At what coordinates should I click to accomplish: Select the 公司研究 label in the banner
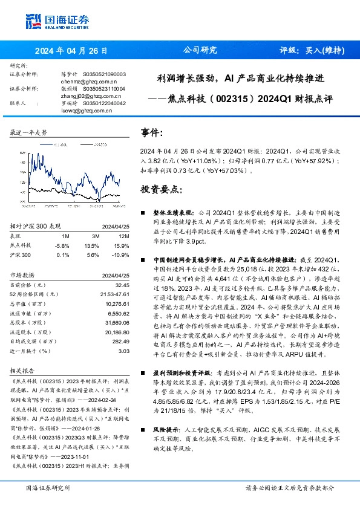200,51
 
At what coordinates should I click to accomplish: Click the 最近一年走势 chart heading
29,132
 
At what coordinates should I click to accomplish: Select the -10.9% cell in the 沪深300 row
122,255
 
